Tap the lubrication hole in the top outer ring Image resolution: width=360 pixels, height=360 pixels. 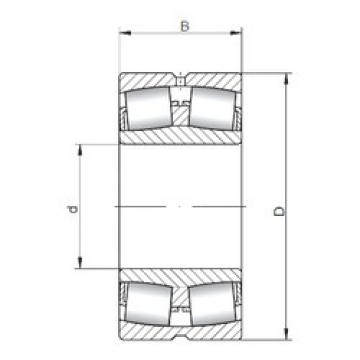click(181, 80)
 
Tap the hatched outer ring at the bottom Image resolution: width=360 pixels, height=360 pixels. click(181, 330)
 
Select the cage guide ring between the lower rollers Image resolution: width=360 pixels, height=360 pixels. click(181, 305)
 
